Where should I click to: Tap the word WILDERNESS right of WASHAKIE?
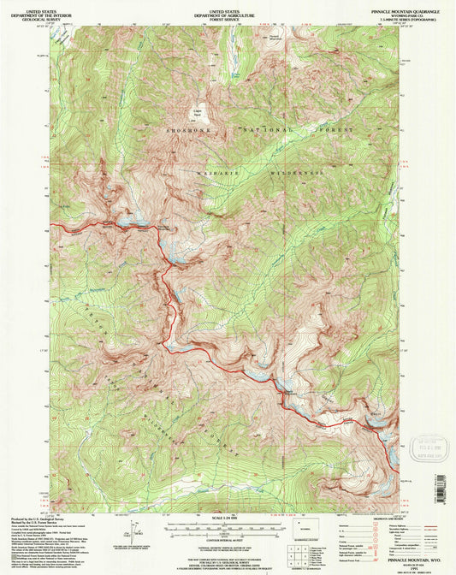pos(299,173)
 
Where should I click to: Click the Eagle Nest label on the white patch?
pos(194,113)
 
